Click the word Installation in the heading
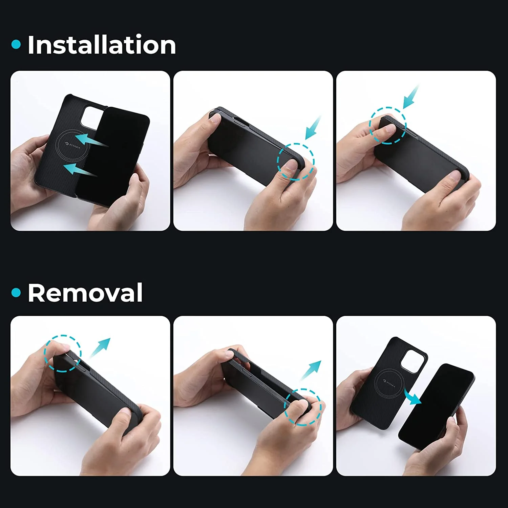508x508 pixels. click(x=102, y=45)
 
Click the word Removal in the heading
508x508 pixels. click(x=85, y=293)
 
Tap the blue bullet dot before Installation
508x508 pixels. click(x=16, y=44)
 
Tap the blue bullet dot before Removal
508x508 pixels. click(x=16, y=293)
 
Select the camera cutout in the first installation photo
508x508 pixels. click(x=91, y=117)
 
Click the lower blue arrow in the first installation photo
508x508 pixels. click(x=80, y=170)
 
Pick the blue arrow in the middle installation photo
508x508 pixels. click(x=313, y=128)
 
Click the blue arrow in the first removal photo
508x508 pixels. click(x=100, y=347)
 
